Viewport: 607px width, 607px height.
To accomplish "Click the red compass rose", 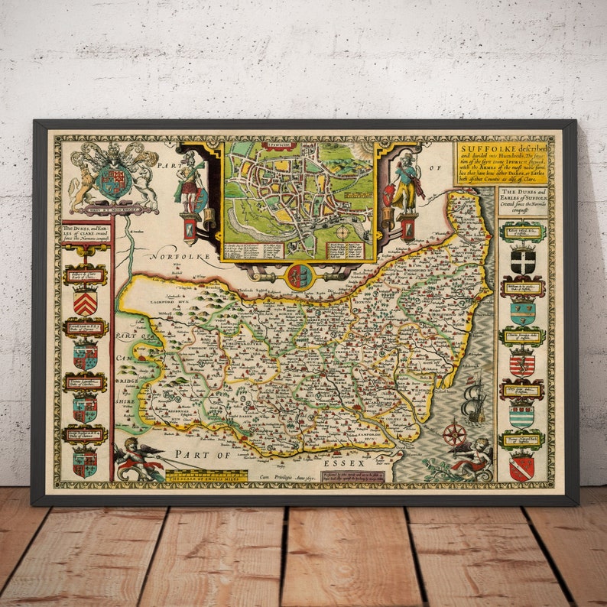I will pyautogui.click(x=455, y=433).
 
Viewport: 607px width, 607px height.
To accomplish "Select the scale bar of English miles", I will pyautogui.click(x=206, y=476).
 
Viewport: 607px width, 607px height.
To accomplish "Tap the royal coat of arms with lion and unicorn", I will pyautogui.click(x=113, y=178).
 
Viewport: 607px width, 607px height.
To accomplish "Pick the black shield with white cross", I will pyautogui.click(x=523, y=260).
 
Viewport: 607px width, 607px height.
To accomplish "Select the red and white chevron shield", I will pyautogui.click(x=85, y=303).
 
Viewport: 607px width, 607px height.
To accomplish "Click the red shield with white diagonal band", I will pyautogui.click(x=522, y=466).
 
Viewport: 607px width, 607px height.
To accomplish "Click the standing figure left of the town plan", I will pyautogui.click(x=188, y=187).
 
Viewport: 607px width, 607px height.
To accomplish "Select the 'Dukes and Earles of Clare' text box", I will pyautogui.click(x=85, y=233).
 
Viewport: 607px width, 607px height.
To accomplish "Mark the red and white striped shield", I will pyautogui.click(x=522, y=364).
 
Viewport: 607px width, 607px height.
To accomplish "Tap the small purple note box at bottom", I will pyautogui.click(x=352, y=477).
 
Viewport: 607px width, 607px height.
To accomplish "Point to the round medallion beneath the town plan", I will pyautogui.click(x=299, y=276).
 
